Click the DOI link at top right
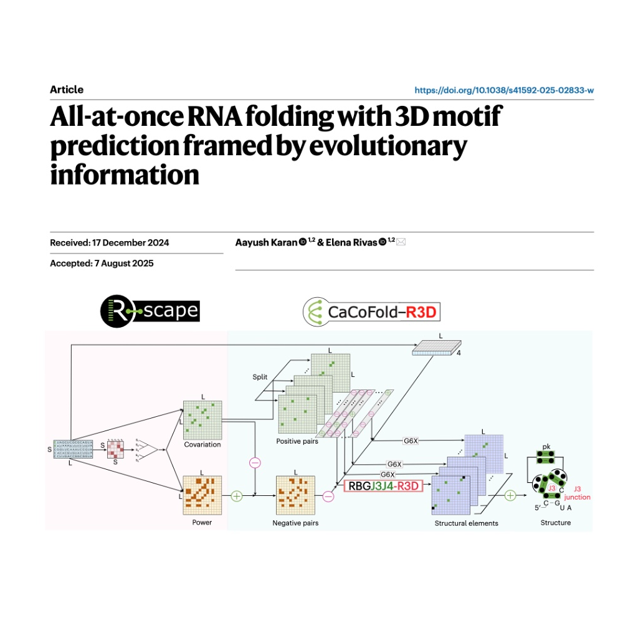click(x=503, y=90)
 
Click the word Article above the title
click(x=67, y=90)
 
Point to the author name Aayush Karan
click(x=266, y=242)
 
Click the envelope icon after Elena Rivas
click(x=401, y=242)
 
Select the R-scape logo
click(x=150, y=310)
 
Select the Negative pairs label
click(x=296, y=523)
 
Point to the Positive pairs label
click(x=297, y=441)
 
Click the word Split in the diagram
click(x=260, y=378)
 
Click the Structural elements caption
click(x=466, y=523)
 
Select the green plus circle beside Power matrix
click(x=237, y=496)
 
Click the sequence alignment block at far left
click(x=74, y=449)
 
